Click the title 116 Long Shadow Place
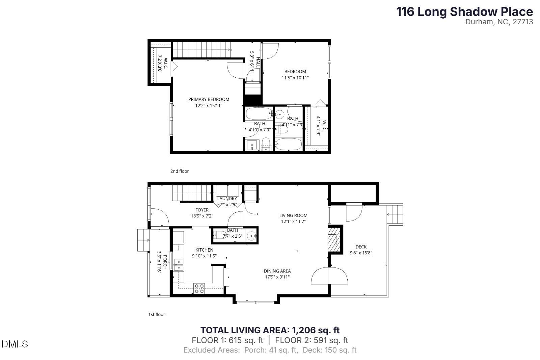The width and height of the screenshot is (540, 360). click(464, 12)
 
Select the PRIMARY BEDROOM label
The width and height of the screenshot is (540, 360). click(209, 99)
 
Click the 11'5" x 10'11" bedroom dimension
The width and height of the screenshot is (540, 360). click(295, 78)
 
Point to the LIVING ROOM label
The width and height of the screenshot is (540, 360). click(293, 215)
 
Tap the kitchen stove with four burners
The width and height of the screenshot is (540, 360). click(199, 288)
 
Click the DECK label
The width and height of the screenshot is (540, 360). click(361, 247)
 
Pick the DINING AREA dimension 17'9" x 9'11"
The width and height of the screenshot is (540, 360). click(277, 277)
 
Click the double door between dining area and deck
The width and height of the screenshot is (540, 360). click(329, 276)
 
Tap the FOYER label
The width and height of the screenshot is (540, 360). click(202, 210)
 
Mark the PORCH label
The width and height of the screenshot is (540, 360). click(165, 262)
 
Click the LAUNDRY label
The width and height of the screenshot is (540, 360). click(227, 199)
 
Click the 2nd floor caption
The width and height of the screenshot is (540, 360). click(179, 171)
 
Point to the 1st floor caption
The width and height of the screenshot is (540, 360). click(157, 314)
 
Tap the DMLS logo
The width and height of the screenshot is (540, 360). click(15, 344)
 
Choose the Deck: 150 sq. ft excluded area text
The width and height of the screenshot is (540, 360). click(329, 350)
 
